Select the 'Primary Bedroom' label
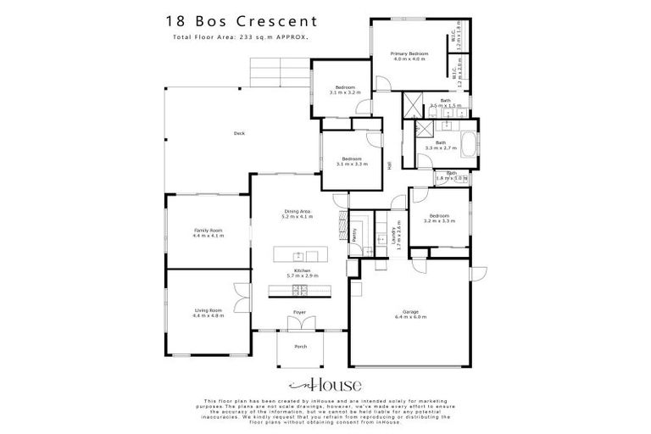pyautogui.click(x=409, y=54)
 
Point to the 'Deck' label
pyautogui.click(x=240, y=134)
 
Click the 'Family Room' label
pyautogui.click(x=208, y=231)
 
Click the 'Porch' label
pyautogui.click(x=299, y=347)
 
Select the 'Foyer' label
pyautogui.click(x=299, y=313)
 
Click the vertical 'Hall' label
pyautogui.click(x=389, y=166)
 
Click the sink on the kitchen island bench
pyautogui.click(x=299, y=255)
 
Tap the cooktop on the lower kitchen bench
pyautogui.click(x=299, y=291)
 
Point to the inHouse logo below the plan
pyautogui.click(x=325, y=384)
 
